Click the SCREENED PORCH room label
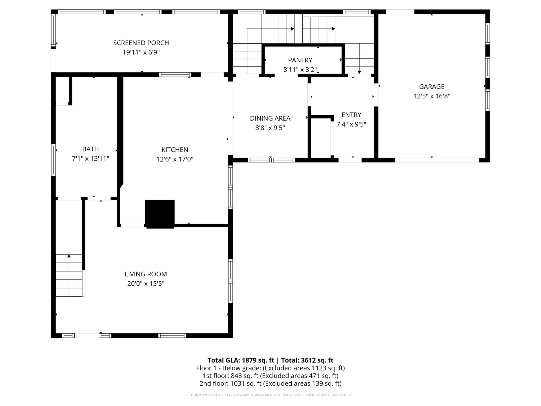pos(141,43)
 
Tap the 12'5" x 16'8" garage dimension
pos(432,96)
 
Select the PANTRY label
pos(300,60)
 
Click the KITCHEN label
pos(175,150)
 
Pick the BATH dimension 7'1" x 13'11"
pos(90,159)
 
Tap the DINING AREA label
pos(270,118)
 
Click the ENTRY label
pos(351,115)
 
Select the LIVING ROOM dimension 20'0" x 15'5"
pos(146,284)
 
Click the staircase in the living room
pos(69,276)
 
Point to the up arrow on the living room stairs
pos(69,256)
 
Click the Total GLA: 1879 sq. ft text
pos(240,360)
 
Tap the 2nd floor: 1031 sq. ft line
pos(270,383)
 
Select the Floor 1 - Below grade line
pos(270,368)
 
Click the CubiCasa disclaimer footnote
pos(270,395)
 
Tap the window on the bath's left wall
pos(53,160)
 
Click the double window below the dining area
pos(271,160)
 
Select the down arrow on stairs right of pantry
pos(359,72)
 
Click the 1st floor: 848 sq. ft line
pos(270,376)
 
